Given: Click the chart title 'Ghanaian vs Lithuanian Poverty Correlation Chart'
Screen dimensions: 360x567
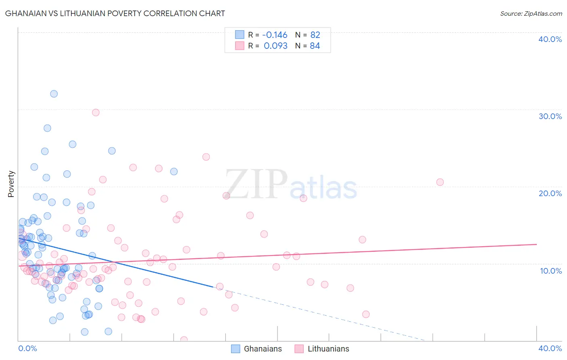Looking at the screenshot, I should coord(115,13).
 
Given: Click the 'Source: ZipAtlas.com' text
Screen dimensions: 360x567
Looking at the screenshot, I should coord(531,14).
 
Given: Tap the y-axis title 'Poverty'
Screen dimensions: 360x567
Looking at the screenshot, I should coord(11,184).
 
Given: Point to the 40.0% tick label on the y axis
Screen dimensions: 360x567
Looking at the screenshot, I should coord(550,39).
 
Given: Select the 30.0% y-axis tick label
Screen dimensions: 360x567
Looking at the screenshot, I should coord(550,116).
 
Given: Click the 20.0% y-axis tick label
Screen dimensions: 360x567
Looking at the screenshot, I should coord(550,193).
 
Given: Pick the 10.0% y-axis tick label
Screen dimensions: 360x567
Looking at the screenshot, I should coord(551,271).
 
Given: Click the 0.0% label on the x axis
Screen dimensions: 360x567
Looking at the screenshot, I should coord(27,348).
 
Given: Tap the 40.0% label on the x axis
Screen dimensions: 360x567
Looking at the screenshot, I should coord(550,348).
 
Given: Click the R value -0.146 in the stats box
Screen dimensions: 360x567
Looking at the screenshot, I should coord(275,35).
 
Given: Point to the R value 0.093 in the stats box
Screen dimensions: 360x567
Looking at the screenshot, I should coord(275,46).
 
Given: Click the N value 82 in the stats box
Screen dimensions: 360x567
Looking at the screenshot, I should coord(315,35).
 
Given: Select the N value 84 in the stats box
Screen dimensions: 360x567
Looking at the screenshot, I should coord(315,46).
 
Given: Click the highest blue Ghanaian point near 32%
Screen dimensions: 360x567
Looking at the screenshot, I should coord(54,94).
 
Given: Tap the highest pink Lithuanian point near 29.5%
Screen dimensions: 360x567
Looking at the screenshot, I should coord(96,113).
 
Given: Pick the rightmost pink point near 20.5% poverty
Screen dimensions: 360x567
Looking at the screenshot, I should coord(440,182).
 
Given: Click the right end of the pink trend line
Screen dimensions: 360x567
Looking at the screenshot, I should coord(536,244).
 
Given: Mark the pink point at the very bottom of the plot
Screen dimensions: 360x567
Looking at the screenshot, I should coord(184,340).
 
